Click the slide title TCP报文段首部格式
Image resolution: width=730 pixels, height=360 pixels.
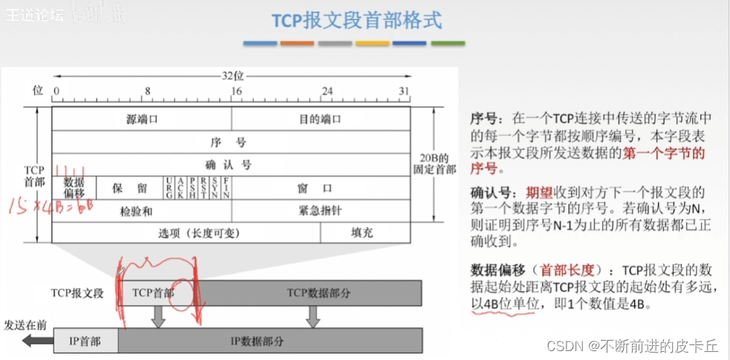coord(356,20)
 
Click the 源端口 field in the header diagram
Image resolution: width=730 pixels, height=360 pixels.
coord(141,119)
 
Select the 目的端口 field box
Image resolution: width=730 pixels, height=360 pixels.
coord(321,119)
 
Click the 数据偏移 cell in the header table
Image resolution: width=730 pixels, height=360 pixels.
coord(74,187)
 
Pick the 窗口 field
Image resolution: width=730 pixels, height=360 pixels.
coord(321,188)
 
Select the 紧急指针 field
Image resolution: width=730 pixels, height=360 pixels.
coord(321,211)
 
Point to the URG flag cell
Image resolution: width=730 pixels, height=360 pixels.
coord(170,188)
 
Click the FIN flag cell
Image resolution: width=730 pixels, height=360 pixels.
coord(226,188)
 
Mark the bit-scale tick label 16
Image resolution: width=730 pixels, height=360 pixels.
coord(235,90)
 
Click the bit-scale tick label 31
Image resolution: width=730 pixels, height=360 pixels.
coord(404,90)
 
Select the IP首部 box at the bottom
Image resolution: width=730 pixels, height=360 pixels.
coord(85,342)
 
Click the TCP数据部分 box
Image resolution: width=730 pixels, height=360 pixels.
coord(319,292)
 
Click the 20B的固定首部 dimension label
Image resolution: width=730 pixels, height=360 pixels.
coord(432,163)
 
